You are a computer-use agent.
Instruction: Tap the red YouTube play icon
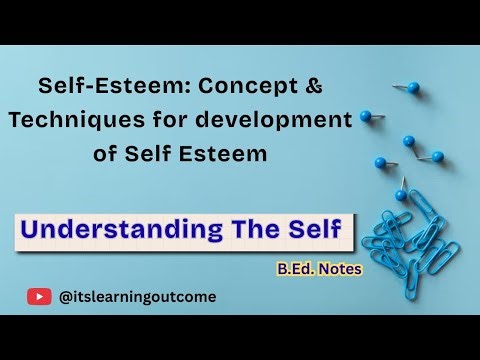[x=40, y=296]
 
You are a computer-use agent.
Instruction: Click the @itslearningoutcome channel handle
[x=137, y=296]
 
